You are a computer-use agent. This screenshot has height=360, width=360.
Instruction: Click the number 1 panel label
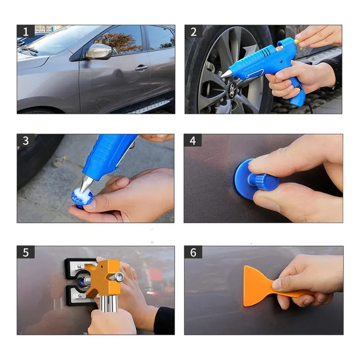[26, 31]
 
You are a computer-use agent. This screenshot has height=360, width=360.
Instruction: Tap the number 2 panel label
[193, 31]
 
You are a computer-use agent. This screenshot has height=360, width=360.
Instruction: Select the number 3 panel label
[26, 140]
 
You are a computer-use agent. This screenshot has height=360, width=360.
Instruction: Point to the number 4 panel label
[193, 140]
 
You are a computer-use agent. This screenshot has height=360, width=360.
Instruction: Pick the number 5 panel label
[26, 252]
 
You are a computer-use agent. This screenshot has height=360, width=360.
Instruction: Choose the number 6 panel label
[193, 252]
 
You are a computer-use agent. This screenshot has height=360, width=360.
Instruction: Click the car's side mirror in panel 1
[98, 51]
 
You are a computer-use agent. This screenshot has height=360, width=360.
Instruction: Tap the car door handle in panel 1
[141, 67]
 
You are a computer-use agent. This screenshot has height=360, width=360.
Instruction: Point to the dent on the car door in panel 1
[118, 73]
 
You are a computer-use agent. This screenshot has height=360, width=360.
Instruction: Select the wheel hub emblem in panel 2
[232, 88]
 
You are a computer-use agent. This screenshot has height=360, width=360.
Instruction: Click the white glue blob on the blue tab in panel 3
[82, 193]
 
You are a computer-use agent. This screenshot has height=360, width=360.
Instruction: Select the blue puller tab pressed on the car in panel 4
[254, 178]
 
